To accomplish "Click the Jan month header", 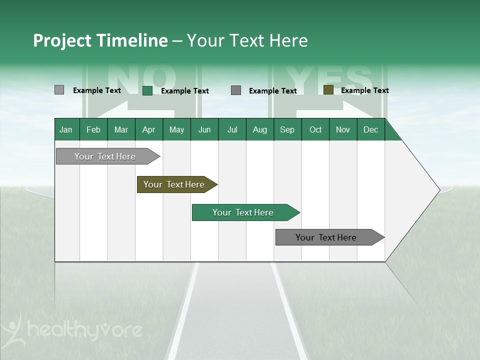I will coord(66,129).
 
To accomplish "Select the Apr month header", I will coord(148,129).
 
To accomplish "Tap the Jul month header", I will coord(232,129).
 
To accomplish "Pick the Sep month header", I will coord(287,129).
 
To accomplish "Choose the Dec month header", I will coord(370,129).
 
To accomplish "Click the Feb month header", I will coord(93,129).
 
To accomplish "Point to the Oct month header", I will coord(315,129).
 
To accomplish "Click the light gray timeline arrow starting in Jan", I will coord(105,156).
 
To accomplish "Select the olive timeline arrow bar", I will coord(174,184).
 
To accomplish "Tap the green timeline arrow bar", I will coord(243,212).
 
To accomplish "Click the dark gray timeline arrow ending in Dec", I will coord(326,237).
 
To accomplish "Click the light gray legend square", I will coord(59,90).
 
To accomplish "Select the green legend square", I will coord(147,90).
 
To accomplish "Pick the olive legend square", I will coord(328,90).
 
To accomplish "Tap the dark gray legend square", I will coord(236,90).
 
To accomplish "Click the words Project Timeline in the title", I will coord(100,40).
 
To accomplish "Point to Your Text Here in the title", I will coord(247,40).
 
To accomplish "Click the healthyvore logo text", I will coord(85,330).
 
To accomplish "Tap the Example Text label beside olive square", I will coord(364,90).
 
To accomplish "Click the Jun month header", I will coord(204,129).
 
